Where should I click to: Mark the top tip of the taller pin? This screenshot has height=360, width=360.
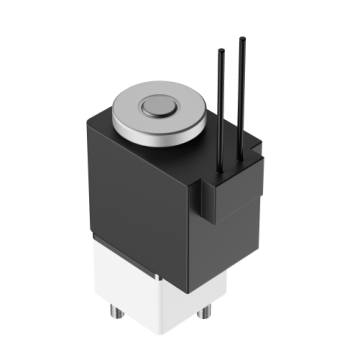click(x=241, y=39)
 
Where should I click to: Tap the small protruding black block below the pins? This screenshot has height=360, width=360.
click(x=211, y=199)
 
